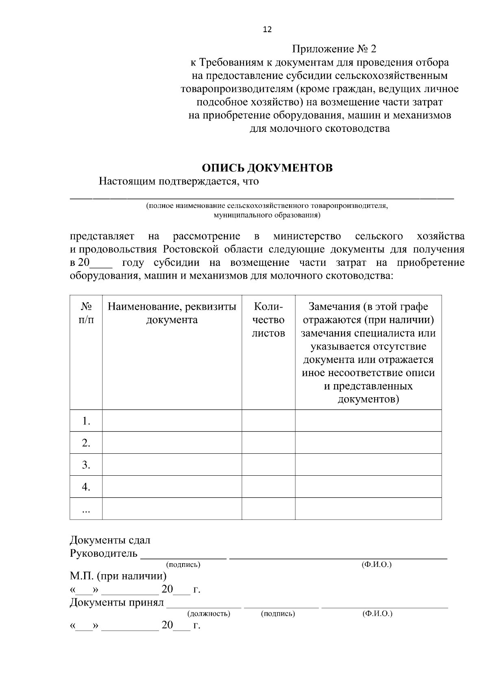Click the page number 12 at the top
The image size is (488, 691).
tap(267, 30)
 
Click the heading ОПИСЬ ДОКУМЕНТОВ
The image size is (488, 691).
tap(267, 168)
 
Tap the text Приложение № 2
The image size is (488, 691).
tap(334, 50)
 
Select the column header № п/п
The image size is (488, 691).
tap(86, 313)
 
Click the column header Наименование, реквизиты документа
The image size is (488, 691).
tap(172, 313)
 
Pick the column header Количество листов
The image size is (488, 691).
tap(268, 320)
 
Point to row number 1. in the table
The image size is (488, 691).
tap(86, 421)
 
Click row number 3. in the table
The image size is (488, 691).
tap(86, 465)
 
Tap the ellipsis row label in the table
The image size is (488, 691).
tap(86, 509)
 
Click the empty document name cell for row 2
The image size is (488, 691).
tap(172, 443)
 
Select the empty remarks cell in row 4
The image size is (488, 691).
tap(368, 487)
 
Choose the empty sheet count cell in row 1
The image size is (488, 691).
tap(268, 421)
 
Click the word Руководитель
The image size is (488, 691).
tap(104, 554)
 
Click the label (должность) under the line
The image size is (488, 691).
tap(209, 614)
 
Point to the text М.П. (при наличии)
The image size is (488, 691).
tap(118, 576)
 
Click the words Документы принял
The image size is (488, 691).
tap(116, 602)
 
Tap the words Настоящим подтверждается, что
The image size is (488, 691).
tap(179, 181)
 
